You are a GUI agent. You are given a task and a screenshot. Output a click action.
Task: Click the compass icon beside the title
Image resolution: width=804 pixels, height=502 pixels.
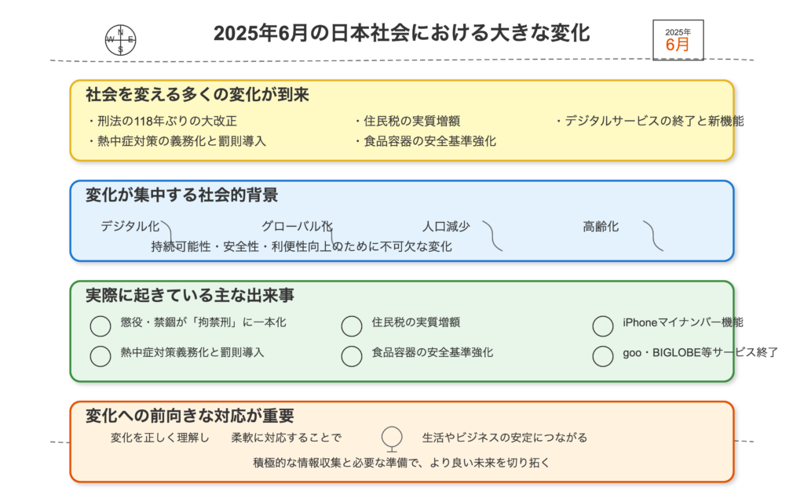(120, 40)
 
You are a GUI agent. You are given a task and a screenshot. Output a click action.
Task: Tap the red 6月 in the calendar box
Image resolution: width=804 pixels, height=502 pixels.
(678, 45)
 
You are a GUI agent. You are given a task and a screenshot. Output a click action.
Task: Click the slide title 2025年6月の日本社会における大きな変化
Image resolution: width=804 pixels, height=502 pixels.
(401, 33)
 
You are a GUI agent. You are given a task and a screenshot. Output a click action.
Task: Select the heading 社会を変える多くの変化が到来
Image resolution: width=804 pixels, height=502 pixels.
(197, 95)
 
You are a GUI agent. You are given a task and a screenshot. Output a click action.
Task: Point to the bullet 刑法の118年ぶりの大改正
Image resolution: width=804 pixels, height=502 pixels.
(163, 121)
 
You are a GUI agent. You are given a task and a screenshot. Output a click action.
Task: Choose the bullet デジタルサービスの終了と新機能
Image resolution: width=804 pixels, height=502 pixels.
(649, 121)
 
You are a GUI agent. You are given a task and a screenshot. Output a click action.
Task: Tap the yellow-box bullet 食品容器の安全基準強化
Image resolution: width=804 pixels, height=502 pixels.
(425, 141)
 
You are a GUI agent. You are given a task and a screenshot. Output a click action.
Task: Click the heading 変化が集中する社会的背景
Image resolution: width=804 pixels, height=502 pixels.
(181, 195)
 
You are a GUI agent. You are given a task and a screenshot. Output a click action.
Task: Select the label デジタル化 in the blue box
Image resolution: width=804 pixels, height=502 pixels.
(130, 226)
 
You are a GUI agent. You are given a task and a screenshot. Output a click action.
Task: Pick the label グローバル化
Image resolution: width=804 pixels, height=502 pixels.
(297, 226)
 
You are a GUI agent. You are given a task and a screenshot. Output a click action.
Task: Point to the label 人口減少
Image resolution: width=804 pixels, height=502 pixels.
(446, 226)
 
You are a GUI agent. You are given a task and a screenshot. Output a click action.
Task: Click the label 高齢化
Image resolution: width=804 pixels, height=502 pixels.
(601, 226)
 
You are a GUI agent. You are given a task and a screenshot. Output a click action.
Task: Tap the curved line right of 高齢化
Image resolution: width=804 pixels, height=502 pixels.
(653, 235)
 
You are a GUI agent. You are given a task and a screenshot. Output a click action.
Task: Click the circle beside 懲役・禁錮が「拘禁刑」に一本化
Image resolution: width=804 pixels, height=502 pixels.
(100, 326)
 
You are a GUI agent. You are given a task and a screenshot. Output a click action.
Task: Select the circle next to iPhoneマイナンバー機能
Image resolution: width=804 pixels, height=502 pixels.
(603, 326)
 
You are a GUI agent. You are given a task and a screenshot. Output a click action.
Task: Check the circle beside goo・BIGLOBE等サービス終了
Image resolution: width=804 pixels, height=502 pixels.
(603, 356)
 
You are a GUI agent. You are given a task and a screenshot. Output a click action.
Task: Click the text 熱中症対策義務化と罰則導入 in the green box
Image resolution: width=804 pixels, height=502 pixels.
(192, 352)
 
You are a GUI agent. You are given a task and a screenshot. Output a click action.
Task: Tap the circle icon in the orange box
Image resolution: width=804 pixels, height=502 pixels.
(392, 437)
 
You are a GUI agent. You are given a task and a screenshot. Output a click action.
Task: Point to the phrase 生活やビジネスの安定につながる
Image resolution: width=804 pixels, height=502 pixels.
(505, 438)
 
